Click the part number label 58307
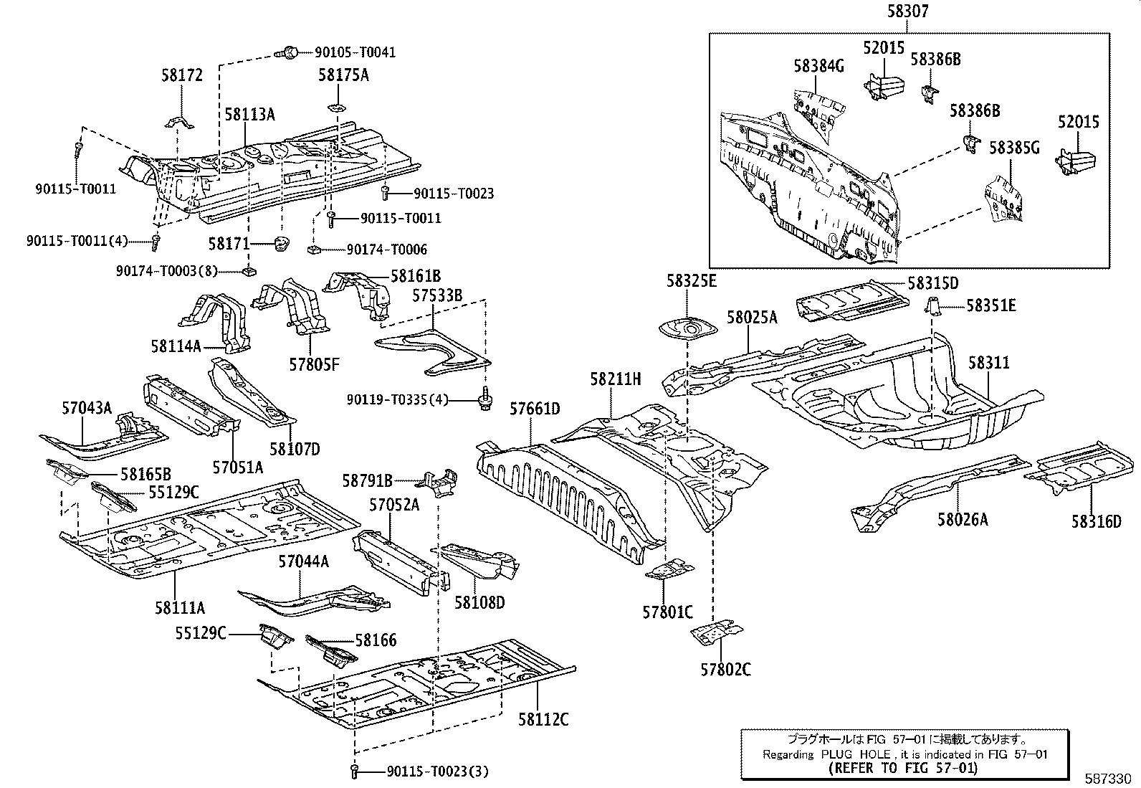coord(906,12)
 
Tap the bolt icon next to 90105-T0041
coord(290,52)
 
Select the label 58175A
coord(343,74)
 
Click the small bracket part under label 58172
coord(180,122)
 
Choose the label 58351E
coord(990,306)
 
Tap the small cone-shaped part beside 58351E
coord(932,305)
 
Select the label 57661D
coord(535,409)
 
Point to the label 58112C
coord(543,719)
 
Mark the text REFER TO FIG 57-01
coord(902,768)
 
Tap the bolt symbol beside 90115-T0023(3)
coord(355,772)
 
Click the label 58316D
coord(1096,521)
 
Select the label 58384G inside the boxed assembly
coord(818,66)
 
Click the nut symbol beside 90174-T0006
coord(313,250)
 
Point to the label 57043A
coord(87,408)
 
